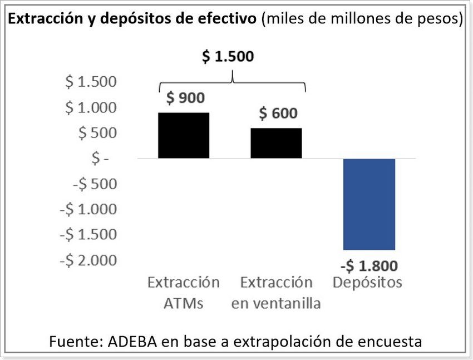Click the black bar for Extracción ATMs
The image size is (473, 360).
pyautogui.click(x=184, y=135)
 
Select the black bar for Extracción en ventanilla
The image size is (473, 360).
pyautogui.click(x=276, y=143)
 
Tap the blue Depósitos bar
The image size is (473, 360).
pyautogui.click(x=369, y=204)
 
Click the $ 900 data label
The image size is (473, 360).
pyautogui.click(x=185, y=98)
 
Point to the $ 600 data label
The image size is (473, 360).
pyautogui.click(x=278, y=114)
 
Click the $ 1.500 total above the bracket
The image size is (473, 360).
pyautogui.click(x=227, y=57)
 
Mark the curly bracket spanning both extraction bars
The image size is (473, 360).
pyautogui.click(x=232, y=82)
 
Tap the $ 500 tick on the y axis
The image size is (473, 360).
pyautogui.click(x=97, y=133)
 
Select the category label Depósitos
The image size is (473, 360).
pyautogui.click(x=367, y=283)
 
